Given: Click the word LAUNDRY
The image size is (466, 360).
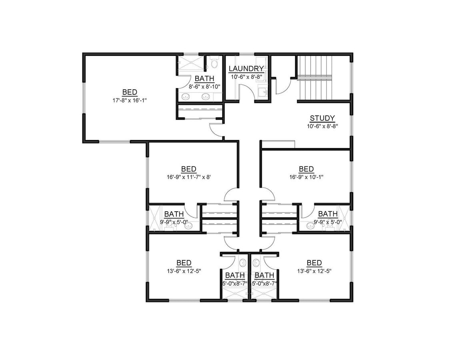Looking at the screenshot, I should click(246, 69).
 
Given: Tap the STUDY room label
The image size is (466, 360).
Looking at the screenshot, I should click(322, 118).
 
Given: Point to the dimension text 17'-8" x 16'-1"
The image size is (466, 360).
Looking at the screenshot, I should click(130, 100).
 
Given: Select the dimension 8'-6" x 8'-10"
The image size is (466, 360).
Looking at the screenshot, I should click(204, 86).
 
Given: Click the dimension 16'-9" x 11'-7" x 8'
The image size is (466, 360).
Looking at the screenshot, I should click(188, 176).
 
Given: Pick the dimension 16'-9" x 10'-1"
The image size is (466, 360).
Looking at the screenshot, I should click(306, 176).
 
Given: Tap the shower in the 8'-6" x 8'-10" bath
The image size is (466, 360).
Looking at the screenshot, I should click(191, 64).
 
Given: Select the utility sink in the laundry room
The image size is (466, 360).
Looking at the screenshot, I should click(262, 92).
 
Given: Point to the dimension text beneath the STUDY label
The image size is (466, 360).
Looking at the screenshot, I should click(322, 126).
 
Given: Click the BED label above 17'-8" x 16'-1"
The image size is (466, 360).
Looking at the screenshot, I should click(130, 92).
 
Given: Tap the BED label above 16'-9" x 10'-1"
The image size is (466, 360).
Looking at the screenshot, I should click(306, 169).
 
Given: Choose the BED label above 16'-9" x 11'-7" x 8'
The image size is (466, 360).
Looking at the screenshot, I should click(188, 169).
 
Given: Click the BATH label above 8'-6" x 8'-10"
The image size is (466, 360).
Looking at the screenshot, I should click(204, 78).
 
